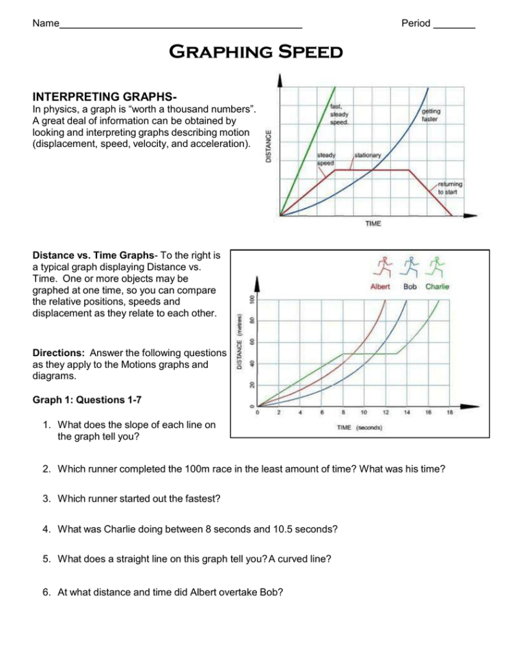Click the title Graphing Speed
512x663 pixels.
coord(256,52)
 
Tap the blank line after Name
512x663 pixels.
coord(181,24)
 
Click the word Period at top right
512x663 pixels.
coord(416,23)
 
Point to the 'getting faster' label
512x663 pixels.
coord(431,115)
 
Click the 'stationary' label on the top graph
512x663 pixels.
coord(368,155)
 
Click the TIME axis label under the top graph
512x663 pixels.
coord(373,224)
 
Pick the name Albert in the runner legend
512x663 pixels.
coord(380,286)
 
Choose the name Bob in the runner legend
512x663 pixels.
coord(410,286)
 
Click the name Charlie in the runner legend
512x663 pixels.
coord(437,286)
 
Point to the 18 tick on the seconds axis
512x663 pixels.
coord(450,413)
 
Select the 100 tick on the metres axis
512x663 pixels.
coord(252,299)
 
